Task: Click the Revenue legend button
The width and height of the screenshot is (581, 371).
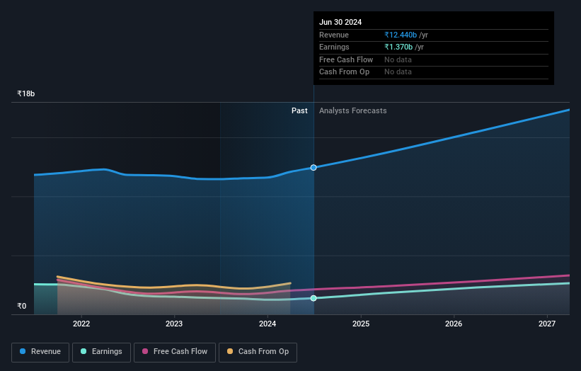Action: pyautogui.click(x=40, y=352)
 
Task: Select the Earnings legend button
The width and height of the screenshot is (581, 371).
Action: pyautogui.click(x=101, y=352)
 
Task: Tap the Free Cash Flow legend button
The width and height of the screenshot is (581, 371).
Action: pyautogui.click(x=175, y=352)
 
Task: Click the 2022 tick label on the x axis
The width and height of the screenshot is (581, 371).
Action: pyautogui.click(x=81, y=324)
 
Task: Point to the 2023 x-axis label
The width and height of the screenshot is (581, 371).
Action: pyautogui.click(x=174, y=324)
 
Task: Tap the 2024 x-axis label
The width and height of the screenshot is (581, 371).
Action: pyautogui.click(x=268, y=324)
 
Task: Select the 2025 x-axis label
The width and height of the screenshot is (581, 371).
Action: pyautogui.click(x=361, y=324)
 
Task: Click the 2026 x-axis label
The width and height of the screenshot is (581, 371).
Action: pyautogui.click(x=454, y=324)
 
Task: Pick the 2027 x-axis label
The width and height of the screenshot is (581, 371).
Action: pyautogui.click(x=547, y=324)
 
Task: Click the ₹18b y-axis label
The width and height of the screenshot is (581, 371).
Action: pyautogui.click(x=26, y=93)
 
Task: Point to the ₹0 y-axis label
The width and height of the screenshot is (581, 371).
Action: pyautogui.click(x=21, y=307)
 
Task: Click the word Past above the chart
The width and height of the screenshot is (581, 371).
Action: pyautogui.click(x=299, y=110)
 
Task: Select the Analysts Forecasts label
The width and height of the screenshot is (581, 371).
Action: pyautogui.click(x=352, y=110)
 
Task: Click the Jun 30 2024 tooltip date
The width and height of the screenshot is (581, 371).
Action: pyautogui.click(x=340, y=22)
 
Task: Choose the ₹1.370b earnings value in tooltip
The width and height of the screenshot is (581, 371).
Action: pyautogui.click(x=398, y=47)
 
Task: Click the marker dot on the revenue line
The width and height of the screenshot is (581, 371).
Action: pyautogui.click(x=313, y=168)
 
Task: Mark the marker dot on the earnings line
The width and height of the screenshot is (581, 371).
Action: pyautogui.click(x=313, y=298)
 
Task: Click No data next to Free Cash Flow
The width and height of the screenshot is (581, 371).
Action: pyautogui.click(x=398, y=60)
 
